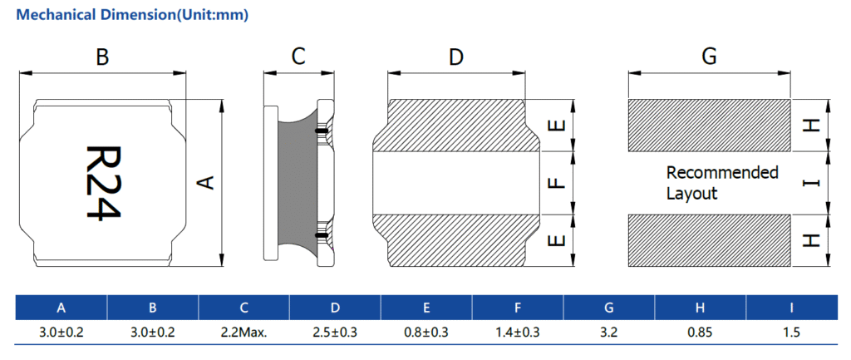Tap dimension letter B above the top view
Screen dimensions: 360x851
click(102, 57)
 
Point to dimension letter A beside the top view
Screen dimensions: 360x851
click(209, 182)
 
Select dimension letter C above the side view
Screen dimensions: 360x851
click(298, 57)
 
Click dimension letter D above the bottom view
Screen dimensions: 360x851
click(455, 57)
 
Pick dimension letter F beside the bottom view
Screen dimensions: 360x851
click(558, 183)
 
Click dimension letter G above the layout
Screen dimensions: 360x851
click(709, 57)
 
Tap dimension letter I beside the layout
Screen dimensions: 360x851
click(812, 183)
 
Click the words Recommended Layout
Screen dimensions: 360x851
click(721, 183)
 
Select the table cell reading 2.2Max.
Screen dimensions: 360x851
click(243, 333)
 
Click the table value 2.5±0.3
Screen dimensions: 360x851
click(335, 333)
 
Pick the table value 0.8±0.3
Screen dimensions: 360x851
click(426, 333)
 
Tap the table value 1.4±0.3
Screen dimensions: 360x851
click(518, 333)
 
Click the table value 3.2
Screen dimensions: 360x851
click(609, 333)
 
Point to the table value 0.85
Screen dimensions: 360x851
click(701, 333)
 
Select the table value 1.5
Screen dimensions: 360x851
click(791, 333)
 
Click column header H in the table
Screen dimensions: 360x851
click(701, 308)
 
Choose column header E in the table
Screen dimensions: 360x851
click(426, 308)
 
